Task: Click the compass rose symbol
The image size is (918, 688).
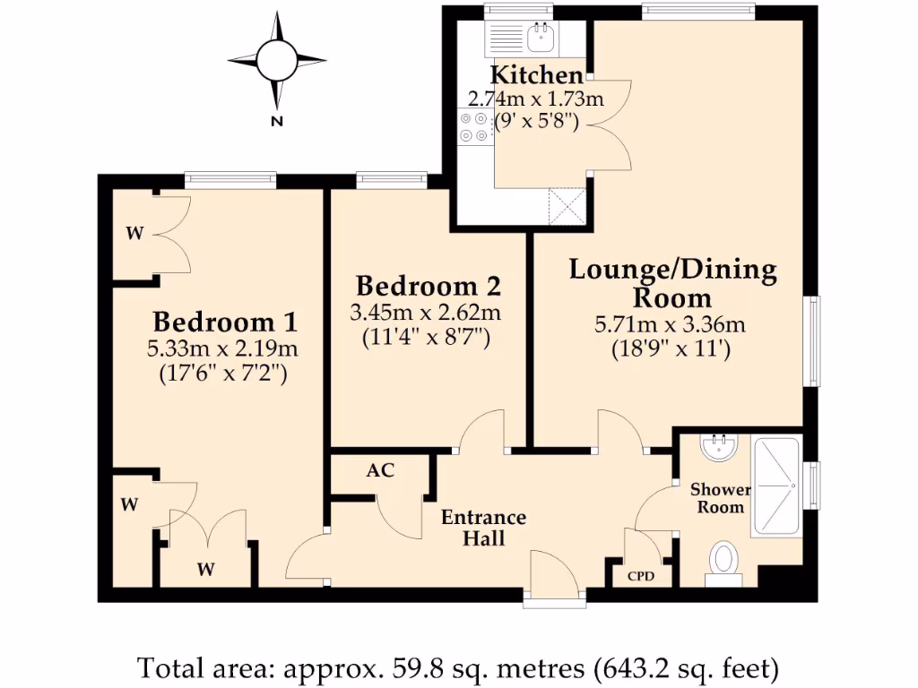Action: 276,60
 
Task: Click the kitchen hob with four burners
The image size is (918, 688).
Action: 474,127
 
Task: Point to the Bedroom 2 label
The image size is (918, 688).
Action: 428,287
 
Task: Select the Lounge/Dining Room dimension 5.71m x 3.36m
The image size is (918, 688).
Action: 671,324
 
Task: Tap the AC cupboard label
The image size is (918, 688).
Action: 380,470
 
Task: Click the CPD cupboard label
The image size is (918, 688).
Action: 641,576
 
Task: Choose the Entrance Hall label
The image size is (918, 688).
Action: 483,528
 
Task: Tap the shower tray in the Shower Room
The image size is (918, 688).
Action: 777,485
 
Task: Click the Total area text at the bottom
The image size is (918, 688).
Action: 458,667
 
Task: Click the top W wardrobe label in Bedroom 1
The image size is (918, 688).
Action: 134,235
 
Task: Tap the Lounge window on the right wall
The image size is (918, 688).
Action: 812,340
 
